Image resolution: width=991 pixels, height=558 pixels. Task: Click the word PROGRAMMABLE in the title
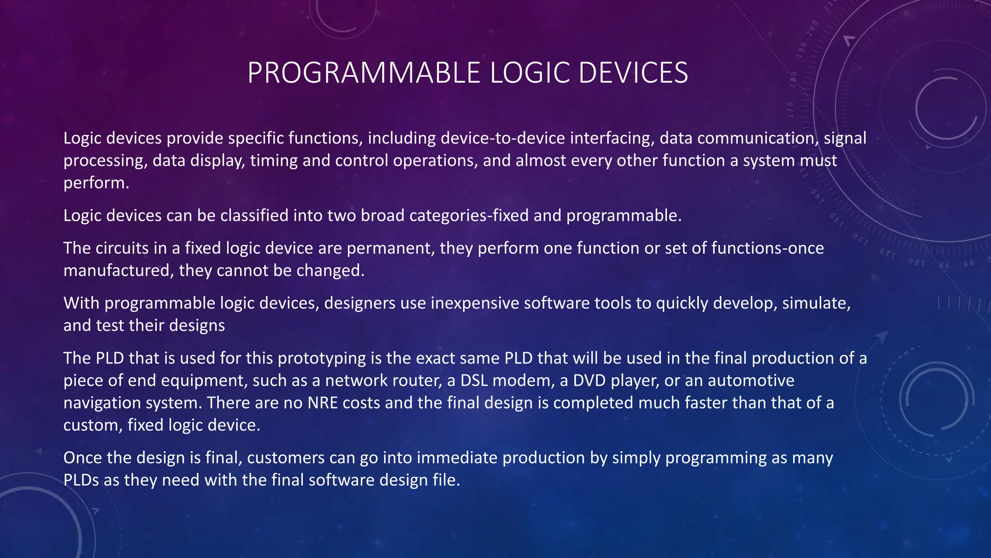[x=363, y=73]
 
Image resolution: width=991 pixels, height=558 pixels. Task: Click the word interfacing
[x=612, y=139]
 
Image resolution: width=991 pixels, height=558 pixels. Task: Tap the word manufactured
[x=119, y=271]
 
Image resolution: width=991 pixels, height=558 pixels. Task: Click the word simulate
[x=816, y=303]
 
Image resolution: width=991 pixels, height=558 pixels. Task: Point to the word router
[x=418, y=381]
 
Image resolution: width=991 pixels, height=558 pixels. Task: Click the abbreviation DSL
[x=474, y=381]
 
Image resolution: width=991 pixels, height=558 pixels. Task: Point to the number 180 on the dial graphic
[x=793, y=79]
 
